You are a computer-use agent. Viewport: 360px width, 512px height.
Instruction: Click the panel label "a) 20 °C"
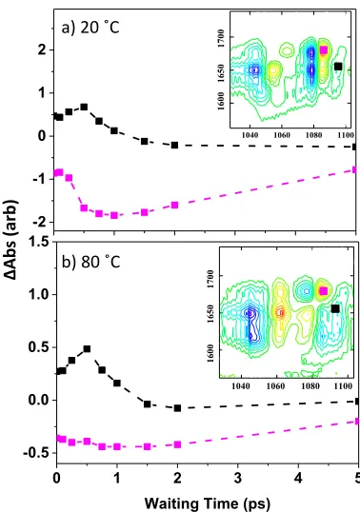(x=90, y=28)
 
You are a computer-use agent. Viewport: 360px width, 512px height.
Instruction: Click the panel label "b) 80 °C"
(x=91, y=262)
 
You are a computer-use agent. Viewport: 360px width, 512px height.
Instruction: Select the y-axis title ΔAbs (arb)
(x=11, y=239)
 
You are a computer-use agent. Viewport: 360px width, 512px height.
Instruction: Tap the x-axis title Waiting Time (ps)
(x=208, y=503)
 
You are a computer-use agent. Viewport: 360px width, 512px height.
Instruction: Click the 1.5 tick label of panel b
(x=39, y=242)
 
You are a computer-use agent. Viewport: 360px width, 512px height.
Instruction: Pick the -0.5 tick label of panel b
(x=36, y=453)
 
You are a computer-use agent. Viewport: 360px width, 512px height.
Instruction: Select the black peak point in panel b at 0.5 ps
(x=87, y=348)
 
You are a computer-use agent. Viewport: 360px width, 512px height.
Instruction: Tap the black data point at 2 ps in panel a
(x=175, y=145)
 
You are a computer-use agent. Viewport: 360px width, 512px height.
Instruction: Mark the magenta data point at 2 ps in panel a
(x=175, y=205)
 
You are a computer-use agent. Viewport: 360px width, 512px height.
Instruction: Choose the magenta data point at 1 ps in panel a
(x=114, y=215)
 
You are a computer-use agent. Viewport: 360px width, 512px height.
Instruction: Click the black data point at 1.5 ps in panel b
(x=147, y=404)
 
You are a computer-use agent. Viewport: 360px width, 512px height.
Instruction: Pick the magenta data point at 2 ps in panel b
(x=177, y=444)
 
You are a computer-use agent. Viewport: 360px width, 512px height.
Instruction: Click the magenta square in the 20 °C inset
(x=324, y=49)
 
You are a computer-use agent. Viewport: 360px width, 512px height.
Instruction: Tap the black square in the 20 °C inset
(x=338, y=67)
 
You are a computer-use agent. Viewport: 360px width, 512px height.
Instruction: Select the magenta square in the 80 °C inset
(x=324, y=291)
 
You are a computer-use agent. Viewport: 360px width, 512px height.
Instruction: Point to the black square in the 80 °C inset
(x=335, y=308)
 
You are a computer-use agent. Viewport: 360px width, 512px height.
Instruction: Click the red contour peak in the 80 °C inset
(x=280, y=312)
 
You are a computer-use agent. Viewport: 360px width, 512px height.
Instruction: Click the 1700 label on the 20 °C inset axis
(x=221, y=38)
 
